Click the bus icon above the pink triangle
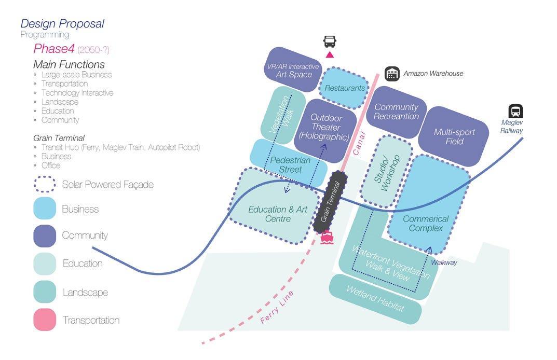point(330,41)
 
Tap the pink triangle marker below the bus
point(330,54)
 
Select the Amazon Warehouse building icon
point(392,74)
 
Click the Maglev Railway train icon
point(515,111)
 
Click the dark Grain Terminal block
point(330,202)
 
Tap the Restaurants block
point(344,88)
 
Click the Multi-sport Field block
point(454,136)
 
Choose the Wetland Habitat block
point(375,299)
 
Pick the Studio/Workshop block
point(386,171)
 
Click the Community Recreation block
point(396,112)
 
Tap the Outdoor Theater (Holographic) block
point(325,131)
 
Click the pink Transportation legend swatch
point(45,320)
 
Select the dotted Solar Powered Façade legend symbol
point(45,184)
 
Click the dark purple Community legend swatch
point(45,236)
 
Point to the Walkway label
point(444,262)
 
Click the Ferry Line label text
point(277,307)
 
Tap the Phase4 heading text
point(54,48)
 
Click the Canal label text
point(359,143)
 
